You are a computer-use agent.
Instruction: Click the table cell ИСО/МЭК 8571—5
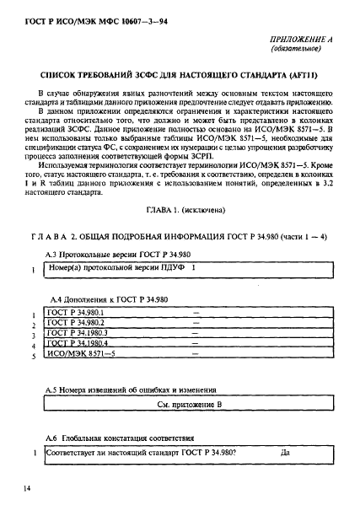tap(81, 356)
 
